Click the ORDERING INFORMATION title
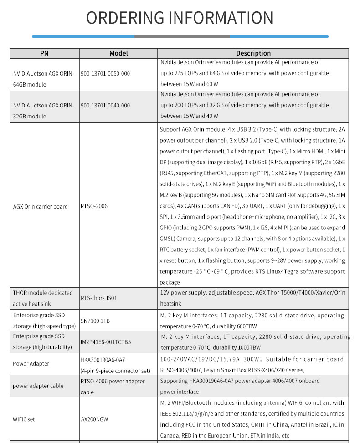pos(180,18)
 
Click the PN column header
pos(44,53)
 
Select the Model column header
pos(118,53)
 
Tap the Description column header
pos(253,53)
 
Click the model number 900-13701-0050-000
pos(105,73)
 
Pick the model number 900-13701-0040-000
pos(105,105)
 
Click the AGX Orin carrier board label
pos(40,206)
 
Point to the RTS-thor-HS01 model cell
pos(99,298)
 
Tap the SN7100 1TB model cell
pos(95,321)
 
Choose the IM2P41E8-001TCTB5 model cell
pos(106,342)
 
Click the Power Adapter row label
pos(31,364)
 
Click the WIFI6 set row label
pos(24,419)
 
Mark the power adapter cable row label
pos(38,386)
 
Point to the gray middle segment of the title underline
pos(181,36)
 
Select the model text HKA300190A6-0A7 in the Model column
pos(103,360)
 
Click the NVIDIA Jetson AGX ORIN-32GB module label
pos(43,111)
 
